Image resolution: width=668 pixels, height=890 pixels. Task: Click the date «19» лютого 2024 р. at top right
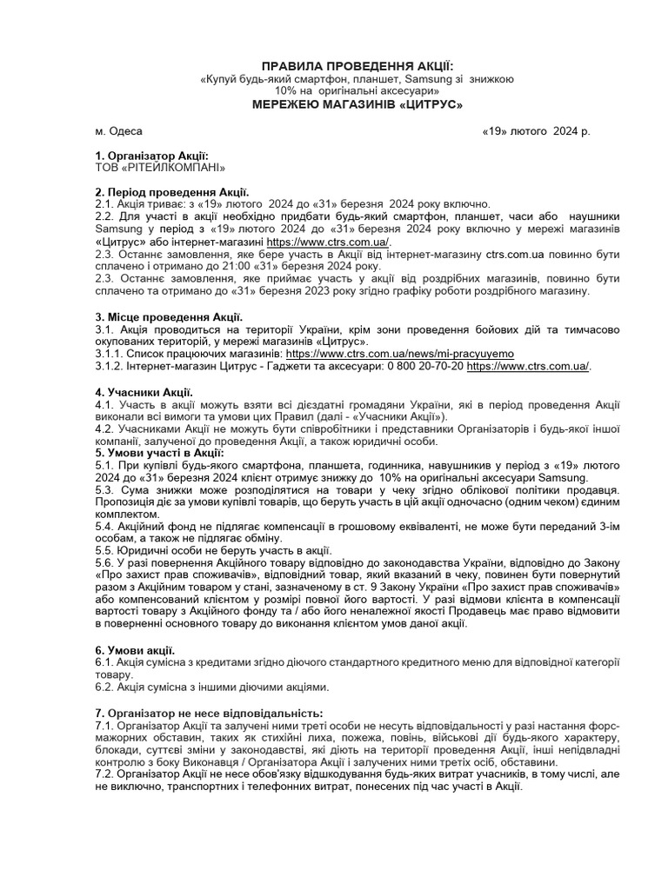[x=536, y=131]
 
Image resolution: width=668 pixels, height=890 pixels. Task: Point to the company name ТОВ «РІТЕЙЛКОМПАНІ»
[x=160, y=166]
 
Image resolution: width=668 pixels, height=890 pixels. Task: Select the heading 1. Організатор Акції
[x=152, y=155]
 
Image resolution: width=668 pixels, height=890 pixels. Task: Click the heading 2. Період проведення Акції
[x=172, y=191]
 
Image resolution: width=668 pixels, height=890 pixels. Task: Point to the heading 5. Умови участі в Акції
[x=160, y=453]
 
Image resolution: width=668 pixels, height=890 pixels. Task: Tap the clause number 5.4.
[x=105, y=526]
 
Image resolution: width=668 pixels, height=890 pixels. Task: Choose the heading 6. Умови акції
[x=136, y=650]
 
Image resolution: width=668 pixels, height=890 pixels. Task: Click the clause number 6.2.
[x=105, y=687]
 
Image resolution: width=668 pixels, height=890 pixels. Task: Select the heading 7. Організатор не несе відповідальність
[x=197, y=713]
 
